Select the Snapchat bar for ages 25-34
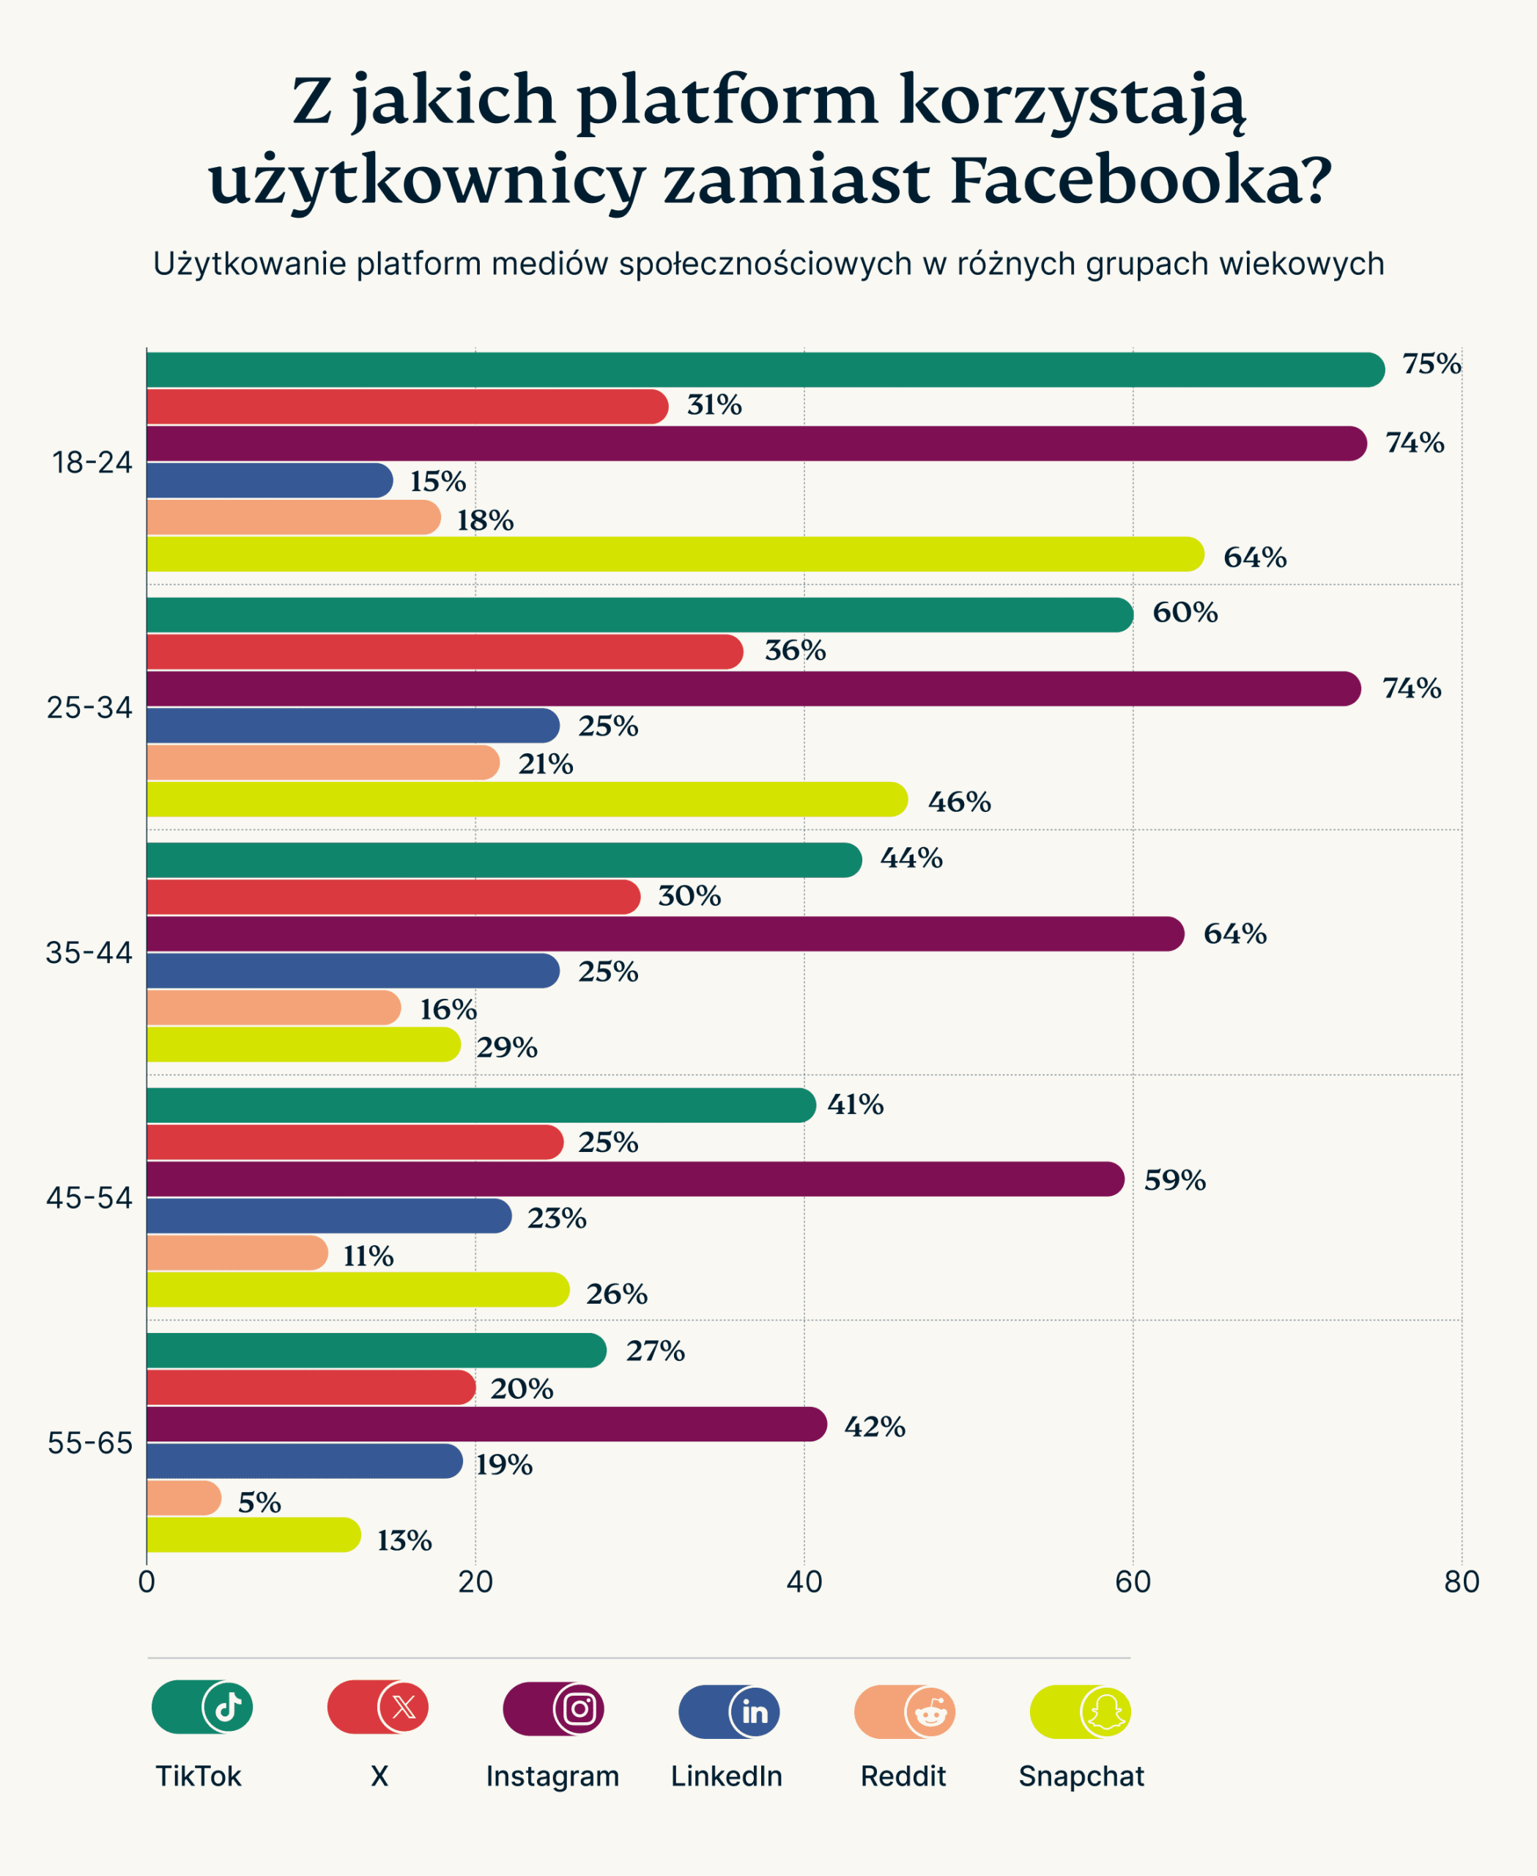point(526,799)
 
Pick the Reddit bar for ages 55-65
point(183,1498)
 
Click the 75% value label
point(1431,364)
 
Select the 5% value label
point(259,1502)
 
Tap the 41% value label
point(855,1104)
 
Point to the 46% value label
point(959,802)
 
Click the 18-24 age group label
point(92,462)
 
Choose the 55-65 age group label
point(89,1443)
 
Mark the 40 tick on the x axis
point(804,1582)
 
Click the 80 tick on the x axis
point(1461,1582)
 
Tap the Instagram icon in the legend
point(579,1707)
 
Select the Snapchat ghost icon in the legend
point(1105,1711)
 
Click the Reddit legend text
point(903,1776)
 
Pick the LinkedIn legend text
point(726,1776)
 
